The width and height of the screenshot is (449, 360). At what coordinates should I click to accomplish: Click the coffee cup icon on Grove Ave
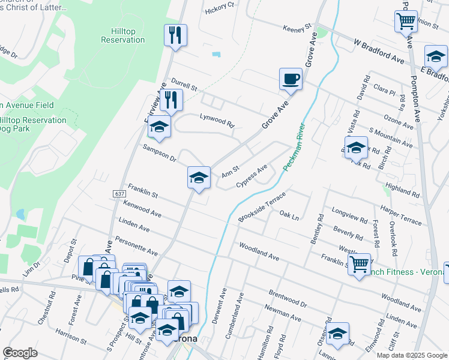(x=291, y=79)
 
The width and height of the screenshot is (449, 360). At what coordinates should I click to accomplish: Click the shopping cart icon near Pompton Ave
(x=406, y=22)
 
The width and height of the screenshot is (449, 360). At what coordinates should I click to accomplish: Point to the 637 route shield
(x=118, y=194)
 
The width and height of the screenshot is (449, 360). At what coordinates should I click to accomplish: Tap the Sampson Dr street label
(x=159, y=153)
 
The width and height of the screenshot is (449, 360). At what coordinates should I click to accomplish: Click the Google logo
(x=20, y=353)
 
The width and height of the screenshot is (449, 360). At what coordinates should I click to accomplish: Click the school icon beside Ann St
(x=199, y=178)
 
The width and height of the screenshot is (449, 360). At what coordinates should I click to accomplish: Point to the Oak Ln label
(x=289, y=215)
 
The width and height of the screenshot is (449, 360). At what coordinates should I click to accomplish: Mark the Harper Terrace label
(x=402, y=217)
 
